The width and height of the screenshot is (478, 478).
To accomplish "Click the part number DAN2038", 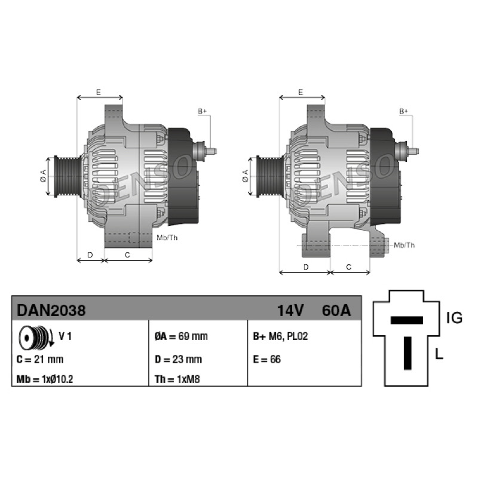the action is (x=51, y=310).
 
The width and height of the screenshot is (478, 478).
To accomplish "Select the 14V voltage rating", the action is (x=290, y=310).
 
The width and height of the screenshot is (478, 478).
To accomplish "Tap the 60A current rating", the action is (x=336, y=310).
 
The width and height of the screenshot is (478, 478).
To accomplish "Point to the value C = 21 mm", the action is (x=40, y=360).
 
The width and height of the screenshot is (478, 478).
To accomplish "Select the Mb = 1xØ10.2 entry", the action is (x=44, y=379).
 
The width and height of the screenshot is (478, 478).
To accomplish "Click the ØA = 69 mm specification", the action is (x=181, y=336).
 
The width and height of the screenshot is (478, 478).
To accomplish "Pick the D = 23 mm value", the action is (x=178, y=360).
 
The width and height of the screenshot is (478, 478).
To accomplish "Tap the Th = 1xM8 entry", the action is (x=177, y=379).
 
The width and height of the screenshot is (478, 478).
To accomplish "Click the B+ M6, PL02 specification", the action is (x=280, y=336).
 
